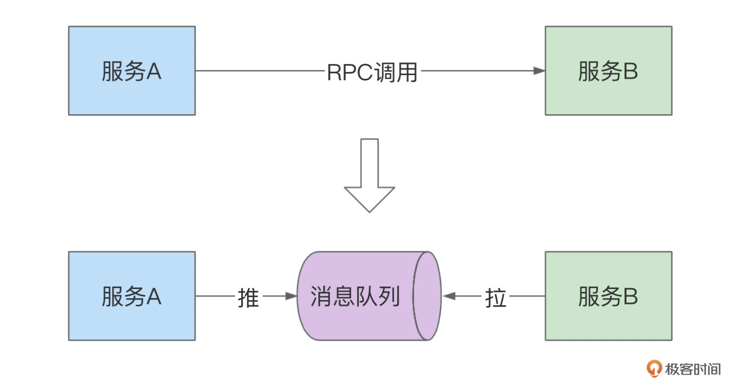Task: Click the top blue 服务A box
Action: (132, 71)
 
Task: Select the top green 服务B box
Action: (608, 71)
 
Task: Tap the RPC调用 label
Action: (372, 72)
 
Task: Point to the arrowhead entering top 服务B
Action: (539, 71)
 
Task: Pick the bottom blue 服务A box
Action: (132, 296)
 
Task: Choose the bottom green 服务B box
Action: (608, 296)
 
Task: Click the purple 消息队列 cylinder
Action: (355, 296)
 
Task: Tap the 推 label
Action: (248, 298)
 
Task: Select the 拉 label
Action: (496, 298)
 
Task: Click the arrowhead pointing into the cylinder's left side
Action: (292, 296)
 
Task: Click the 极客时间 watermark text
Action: (693, 369)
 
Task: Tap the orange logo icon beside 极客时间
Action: (654, 369)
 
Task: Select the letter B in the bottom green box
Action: (630, 296)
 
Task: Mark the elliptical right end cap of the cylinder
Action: (427, 296)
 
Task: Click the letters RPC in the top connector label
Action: (350, 73)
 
